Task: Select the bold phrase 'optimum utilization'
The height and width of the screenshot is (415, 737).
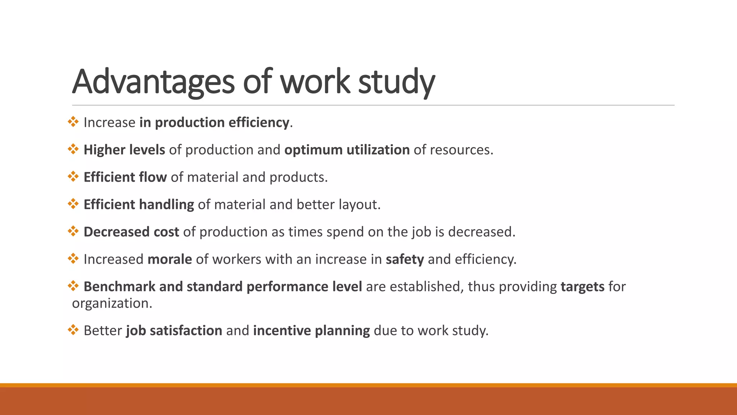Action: [347, 150]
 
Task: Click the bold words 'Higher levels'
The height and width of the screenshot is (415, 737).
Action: [124, 150]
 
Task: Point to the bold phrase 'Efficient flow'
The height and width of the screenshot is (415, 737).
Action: [125, 177]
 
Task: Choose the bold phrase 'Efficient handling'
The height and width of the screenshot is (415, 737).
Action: [139, 205]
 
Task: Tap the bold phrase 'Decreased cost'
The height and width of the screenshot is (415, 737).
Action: [131, 232]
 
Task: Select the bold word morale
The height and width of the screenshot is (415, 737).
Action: [169, 259]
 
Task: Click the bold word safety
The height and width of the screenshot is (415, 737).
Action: [404, 259]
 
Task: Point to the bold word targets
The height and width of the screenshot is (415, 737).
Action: [582, 287]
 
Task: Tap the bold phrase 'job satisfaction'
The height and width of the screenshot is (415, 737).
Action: [174, 331]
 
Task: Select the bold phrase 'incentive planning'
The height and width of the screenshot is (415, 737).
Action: [311, 331]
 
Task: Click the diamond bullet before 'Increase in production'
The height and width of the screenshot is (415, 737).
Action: [73, 122]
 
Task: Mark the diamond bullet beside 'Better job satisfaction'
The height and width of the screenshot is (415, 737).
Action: [73, 330]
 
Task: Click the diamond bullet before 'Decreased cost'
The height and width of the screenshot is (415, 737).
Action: [73, 231]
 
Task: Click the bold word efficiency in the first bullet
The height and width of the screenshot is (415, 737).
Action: [259, 122]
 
